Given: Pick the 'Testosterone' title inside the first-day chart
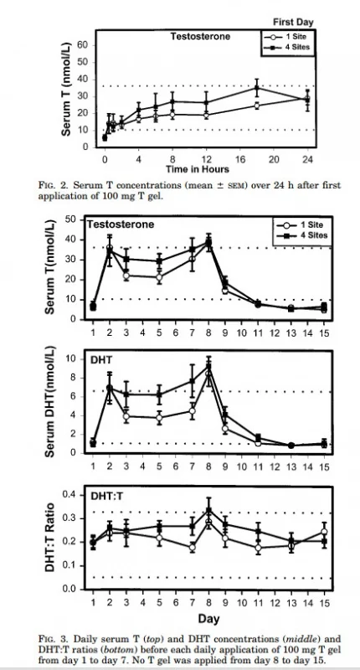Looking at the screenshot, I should (x=200, y=37).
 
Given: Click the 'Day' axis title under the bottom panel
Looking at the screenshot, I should (x=208, y=617).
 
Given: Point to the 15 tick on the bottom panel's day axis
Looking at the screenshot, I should (x=324, y=601).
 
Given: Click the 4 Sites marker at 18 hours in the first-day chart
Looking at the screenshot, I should (x=257, y=87).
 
